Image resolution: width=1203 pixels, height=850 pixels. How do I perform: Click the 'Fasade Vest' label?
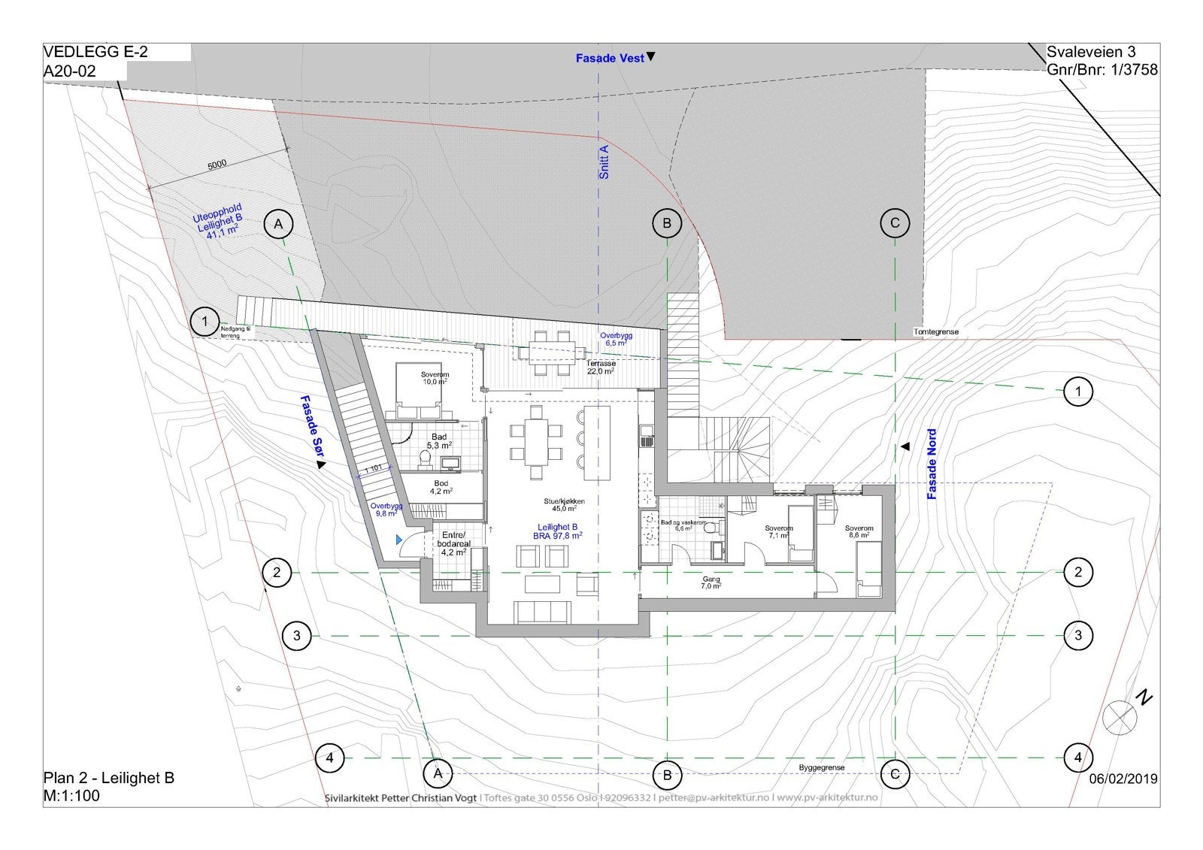pyautogui.click(x=610, y=58)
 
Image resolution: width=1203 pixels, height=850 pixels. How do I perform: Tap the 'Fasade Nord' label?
pyautogui.click(x=932, y=464)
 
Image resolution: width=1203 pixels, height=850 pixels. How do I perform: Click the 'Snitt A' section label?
pyautogui.click(x=605, y=162)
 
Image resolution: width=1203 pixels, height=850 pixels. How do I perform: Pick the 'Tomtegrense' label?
pyautogui.click(x=936, y=331)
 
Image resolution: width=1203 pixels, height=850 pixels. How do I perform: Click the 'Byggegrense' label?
pyautogui.click(x=822, y=767)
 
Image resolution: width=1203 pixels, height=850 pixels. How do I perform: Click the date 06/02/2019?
pyautogui.click(x=1123, y=779)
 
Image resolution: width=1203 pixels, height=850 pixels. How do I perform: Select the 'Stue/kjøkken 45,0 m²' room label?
pyautogui.click(x=565, y=504)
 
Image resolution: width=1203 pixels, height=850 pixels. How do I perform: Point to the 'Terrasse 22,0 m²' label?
pyautogui.click(x=601, y=368)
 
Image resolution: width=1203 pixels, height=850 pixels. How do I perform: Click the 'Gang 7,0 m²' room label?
pyautogui.click(x=711, y=582)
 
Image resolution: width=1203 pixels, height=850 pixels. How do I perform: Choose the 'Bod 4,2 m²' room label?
pyautogui.click(x=441, y=487)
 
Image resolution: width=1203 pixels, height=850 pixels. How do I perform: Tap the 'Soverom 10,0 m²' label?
pyautogui.click(x=435, y=378)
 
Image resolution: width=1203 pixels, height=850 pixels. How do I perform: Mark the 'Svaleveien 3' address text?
pyautogui.click(x=1091, y=52)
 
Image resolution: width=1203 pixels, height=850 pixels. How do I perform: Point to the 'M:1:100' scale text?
pyautogui.click(x=71, y=795)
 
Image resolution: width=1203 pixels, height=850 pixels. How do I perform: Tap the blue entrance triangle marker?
pyautogui.click(x=399, y=539)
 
